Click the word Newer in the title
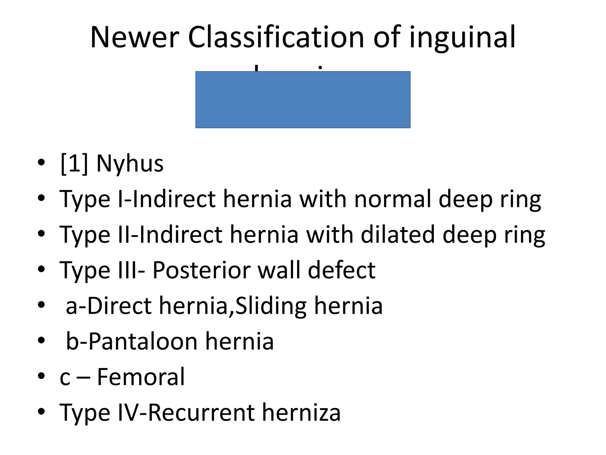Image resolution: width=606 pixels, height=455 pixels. pos(135,37)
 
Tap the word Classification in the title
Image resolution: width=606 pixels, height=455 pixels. pos(276,37)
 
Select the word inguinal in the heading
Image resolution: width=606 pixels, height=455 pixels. pos(462,37)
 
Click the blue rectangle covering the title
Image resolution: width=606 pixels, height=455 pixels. pos(303,100)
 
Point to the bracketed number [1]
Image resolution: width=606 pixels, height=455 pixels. pos(74,164)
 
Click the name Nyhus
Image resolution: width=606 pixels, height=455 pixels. pos(130,164)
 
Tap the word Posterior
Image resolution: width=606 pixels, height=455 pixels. pos(201,270)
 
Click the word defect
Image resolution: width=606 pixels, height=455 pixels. pos(341,270)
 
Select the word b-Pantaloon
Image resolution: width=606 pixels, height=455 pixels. pos(132,341)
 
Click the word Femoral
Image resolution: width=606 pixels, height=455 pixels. pos(141,377)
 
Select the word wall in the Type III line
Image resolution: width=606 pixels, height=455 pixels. pos(279,270)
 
